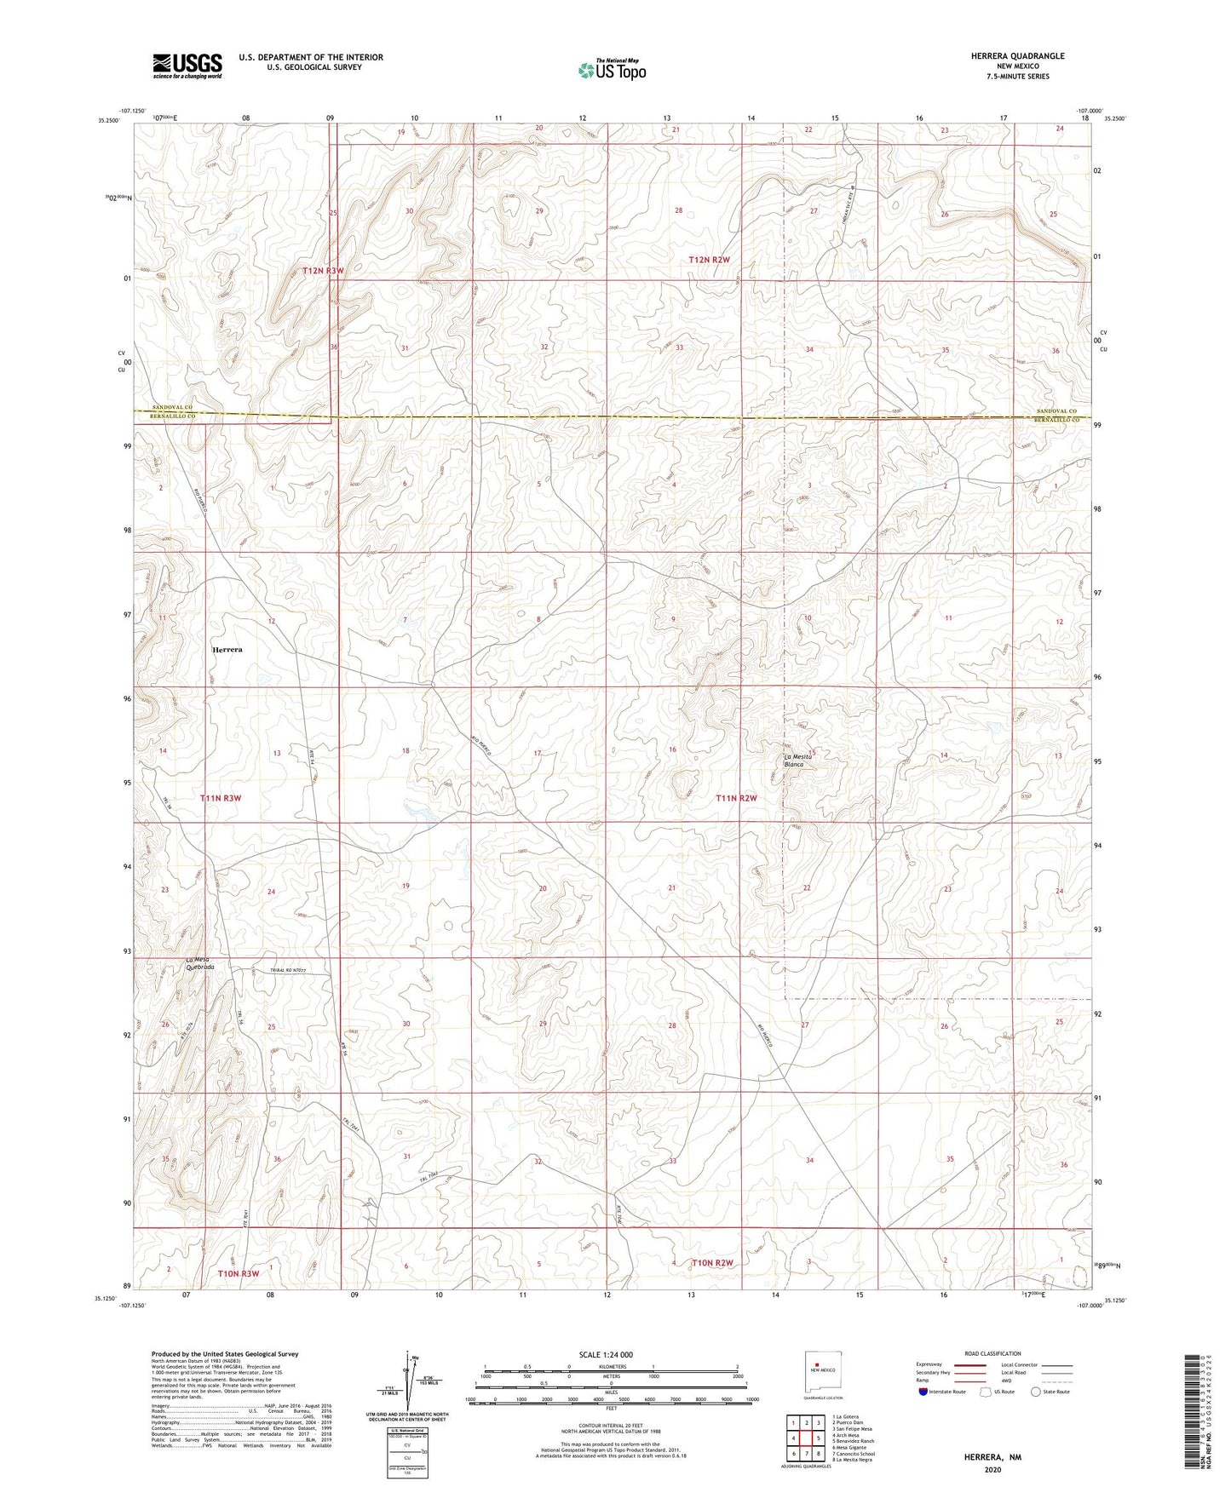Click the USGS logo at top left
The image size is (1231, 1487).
coord(187,66)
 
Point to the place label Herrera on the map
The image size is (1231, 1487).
coord(227,649)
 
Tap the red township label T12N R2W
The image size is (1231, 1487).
coord(709,259)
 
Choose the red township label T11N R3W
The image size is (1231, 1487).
coord(221,798)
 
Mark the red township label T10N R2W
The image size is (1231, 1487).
coord(712,1262)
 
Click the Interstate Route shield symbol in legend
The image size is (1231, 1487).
coord(923,1392)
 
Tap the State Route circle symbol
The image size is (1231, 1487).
coord(1036,1392)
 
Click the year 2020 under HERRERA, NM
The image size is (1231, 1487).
coord(992,1469)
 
